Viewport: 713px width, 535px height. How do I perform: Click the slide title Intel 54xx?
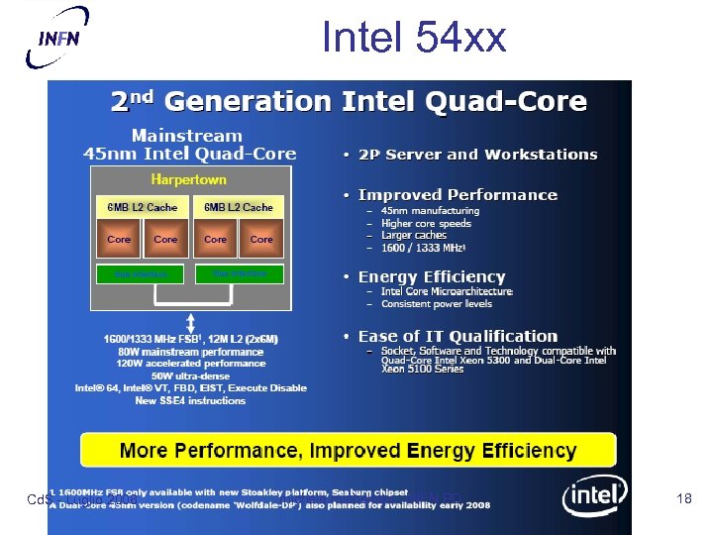click(x=413, y=38)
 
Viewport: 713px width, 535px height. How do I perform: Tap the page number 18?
click(x=683, y=499)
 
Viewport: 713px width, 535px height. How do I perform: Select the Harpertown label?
click(x=188, y=180)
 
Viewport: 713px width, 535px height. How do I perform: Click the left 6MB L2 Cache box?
click(x=142, y=207)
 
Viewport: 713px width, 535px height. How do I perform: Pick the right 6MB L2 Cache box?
click(x=238, y=207)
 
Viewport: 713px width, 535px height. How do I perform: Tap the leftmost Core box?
click(x=119, y=240)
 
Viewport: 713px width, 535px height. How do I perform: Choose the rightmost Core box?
click(x=261, y=240)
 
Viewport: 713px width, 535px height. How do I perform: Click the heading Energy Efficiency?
click(x=432, y=277)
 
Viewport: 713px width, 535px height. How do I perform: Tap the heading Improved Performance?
click(x=458, y=195)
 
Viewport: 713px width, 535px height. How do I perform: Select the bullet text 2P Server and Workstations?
click(x=477, y=155)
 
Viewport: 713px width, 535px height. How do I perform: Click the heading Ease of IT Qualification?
click(x=458, y=337)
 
